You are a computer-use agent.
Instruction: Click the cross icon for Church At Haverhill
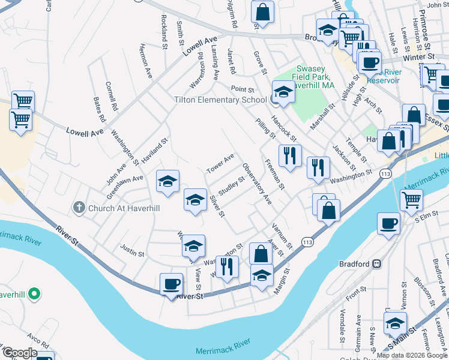click(x=79, y=208)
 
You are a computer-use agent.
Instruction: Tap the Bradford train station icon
click(x=378, y=264)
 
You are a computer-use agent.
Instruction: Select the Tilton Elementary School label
click(x=220, y=100)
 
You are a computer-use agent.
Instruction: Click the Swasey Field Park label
click(x=312, y=77)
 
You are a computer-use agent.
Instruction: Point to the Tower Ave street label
click(x=220, y=162)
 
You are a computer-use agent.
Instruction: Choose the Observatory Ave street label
click(x=258, y=184)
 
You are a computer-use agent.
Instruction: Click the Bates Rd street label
click(x=100, y=109)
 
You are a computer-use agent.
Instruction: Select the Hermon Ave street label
click(x=146, y=61)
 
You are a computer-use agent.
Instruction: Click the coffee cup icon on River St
click(x=171, y=284)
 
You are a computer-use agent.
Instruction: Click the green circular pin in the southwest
click(x=35, y=294)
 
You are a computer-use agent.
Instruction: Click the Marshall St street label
click(x=322, y=118)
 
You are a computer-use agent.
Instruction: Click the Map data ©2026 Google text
click(x=411, y=355)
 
